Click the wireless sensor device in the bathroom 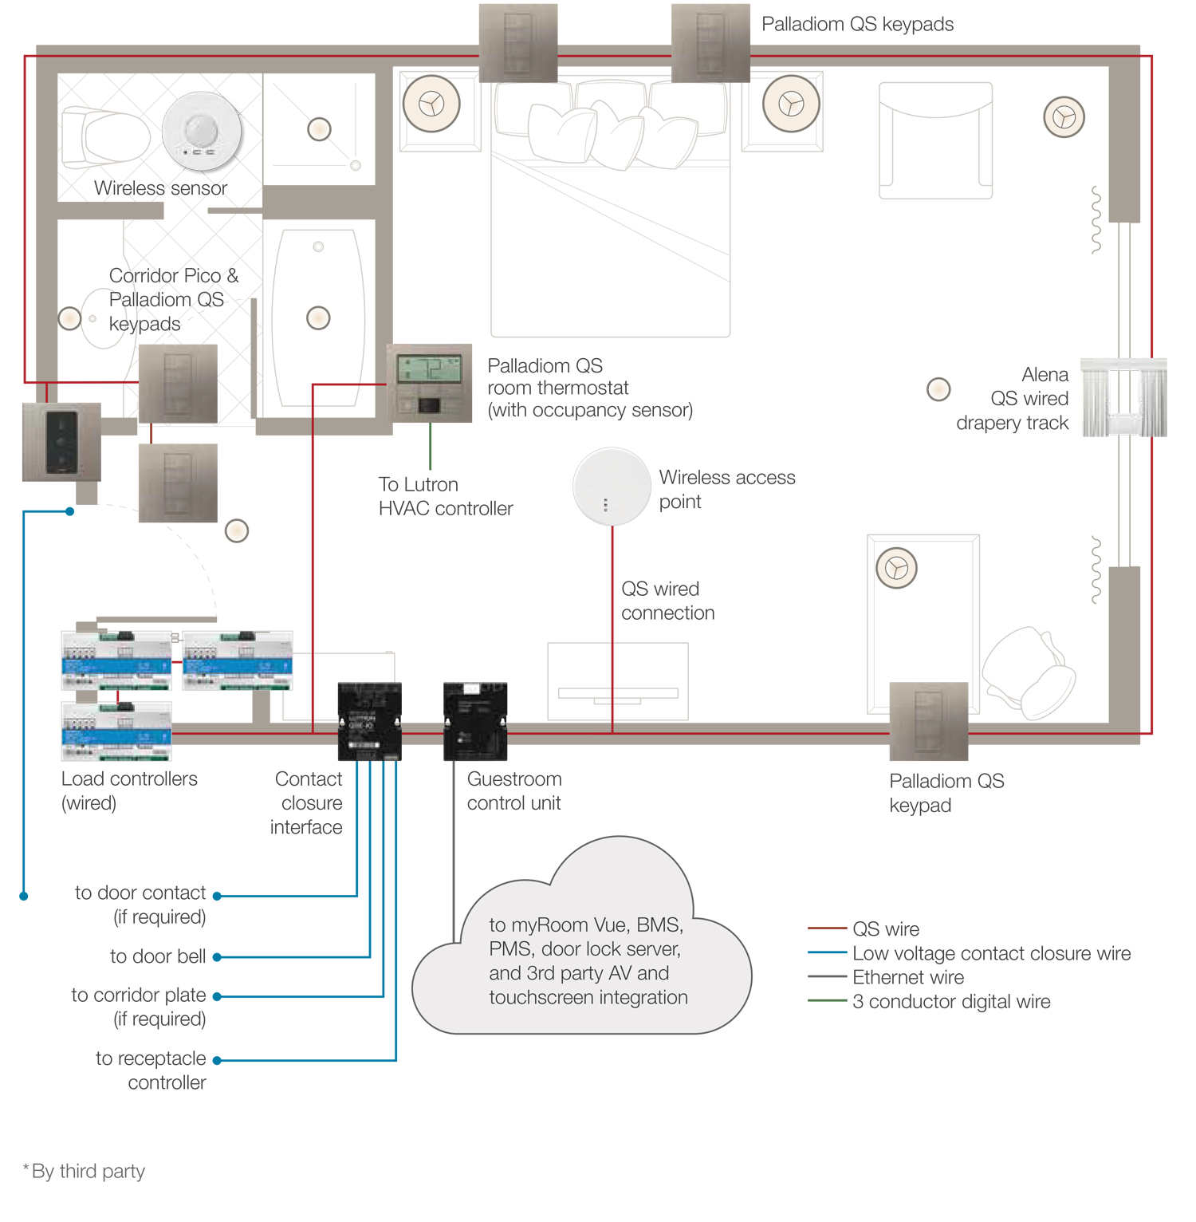[202, 131]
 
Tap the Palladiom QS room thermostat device [429, 383]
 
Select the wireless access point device [612, 487]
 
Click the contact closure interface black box [369, 720]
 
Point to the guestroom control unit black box [475, 720]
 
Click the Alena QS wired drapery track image [1123, 397]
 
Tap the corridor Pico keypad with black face [61, 442]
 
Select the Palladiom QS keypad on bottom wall [928, 720]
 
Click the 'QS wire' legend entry [885, 929]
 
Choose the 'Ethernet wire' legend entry [907, 977]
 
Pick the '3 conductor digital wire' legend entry [950, 1002]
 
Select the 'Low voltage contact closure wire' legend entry [991, 953]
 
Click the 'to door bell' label [158, 956]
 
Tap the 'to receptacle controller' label [151, 1070]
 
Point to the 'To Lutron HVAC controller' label [445, 496]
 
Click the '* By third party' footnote [85, 1171]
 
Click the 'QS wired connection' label [667, 601]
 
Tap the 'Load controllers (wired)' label [128, 790]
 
